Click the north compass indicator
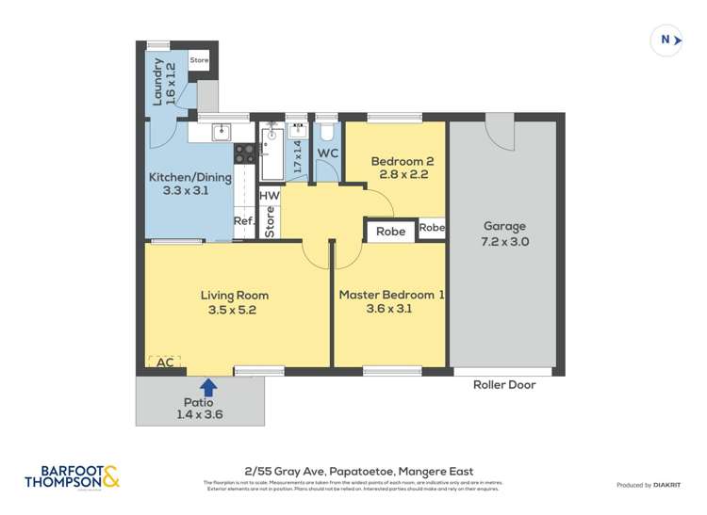click(x=667, y=40)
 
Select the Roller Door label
click(x=507, y=384)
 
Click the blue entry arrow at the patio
click(x=208, y=386)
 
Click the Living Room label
click(x=235, y=301)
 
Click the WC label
click(x=327, y=153)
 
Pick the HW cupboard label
click(x=270, y=196)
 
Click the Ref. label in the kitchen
click(x=244, y=222)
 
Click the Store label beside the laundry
click(x=199, y=61)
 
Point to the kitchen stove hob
click(x=243, y=153)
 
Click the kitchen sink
click(x=220, y=132)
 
